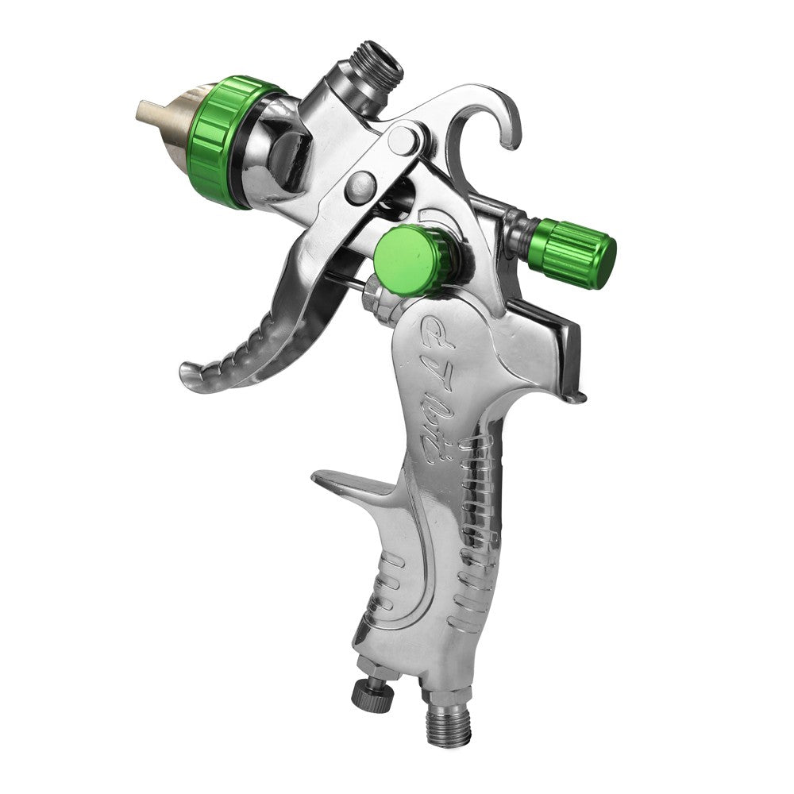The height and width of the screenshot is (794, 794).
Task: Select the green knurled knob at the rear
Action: [575, 251]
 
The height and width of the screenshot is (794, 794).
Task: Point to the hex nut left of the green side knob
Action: [373, 296]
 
